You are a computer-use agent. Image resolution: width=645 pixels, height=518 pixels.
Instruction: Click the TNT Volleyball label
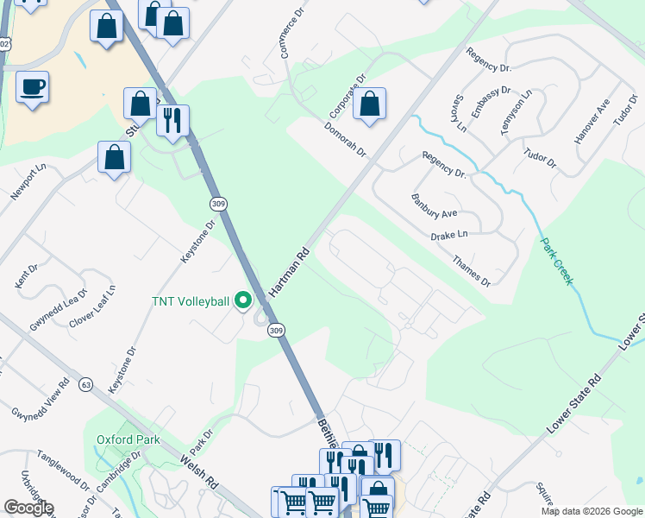pos(190,300)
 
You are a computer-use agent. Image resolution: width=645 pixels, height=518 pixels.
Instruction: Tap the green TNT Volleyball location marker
pos(243,300)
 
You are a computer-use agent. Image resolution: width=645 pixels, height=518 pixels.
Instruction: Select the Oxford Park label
pos(117,439)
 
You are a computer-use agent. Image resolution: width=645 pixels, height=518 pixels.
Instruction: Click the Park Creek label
pos(556,260)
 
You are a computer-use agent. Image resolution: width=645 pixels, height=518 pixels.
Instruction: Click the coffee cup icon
pos(32,87)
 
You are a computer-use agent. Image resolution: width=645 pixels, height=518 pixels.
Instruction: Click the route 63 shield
pos(85,383)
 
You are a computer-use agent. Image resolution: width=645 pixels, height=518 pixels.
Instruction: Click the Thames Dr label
pos(473,270)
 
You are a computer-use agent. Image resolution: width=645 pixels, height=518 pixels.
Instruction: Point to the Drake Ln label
pos(449,236)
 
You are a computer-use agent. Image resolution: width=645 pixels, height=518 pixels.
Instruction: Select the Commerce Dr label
pos(289,34)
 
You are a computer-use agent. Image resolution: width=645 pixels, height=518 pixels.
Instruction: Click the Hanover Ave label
pos(592,120)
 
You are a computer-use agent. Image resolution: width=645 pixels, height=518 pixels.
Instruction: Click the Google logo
pos(28,507)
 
